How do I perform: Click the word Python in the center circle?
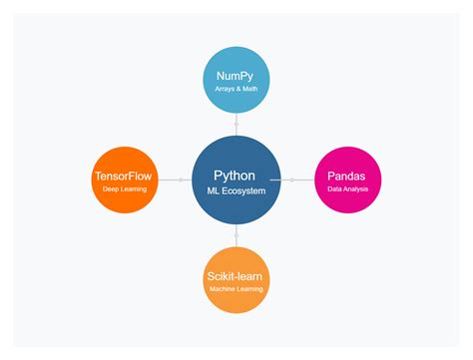pyautogui.click(x=236, y=175)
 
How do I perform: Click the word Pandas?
pyautogui.click(x=347, y=176)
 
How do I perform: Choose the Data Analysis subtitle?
pyautogui.click(x=347, y=188)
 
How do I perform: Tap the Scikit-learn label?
pyautogui.click(x=236, y=276)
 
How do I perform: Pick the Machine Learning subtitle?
pyautogui.click(x=236, y=289)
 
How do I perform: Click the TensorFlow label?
pyautogui.click(x=125, y=176)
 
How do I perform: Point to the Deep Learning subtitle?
pyautogui.click(x=125, y=188)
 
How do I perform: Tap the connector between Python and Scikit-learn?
pyautogui.click(x=236, y=235)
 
